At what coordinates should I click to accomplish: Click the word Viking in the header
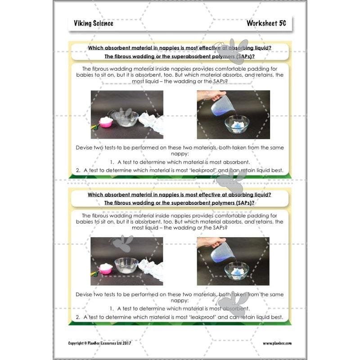click(83, 23)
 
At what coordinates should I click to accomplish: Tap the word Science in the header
click(103, 23)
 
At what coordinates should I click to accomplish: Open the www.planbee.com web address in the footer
click(277, 343)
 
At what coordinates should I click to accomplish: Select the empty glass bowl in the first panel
click(126, 118)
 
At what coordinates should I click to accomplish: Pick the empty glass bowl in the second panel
click(126, 266)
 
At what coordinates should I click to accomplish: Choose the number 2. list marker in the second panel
click(78, 317)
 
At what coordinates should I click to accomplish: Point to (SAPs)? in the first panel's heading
click(244, 56)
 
